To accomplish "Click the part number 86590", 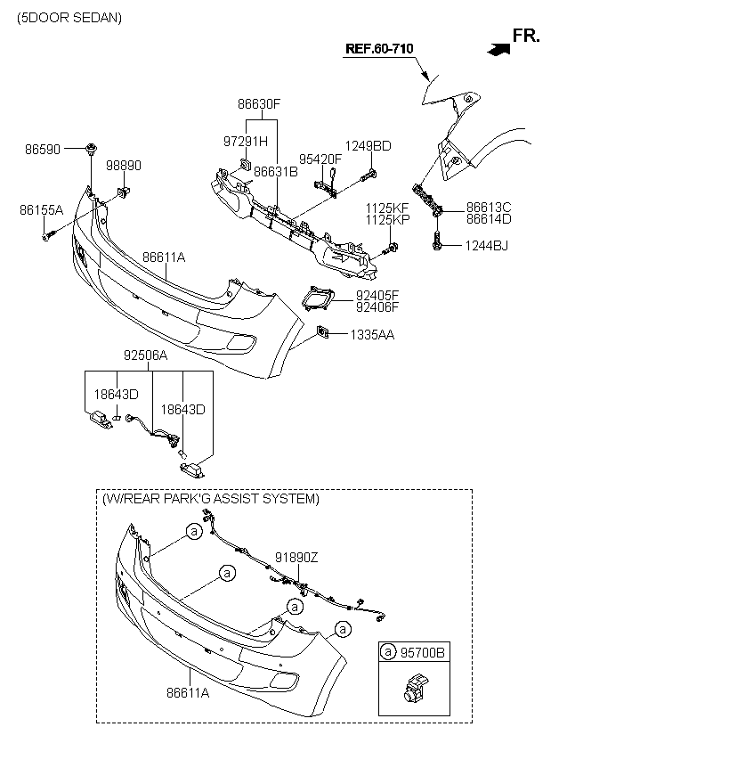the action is point(43,149).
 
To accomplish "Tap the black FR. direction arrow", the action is point(498,49).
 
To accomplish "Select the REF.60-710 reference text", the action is point(379,48).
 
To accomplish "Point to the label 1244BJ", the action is point(486,246).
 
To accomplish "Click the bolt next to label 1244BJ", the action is point(437,241).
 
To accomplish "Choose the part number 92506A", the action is point(145,355).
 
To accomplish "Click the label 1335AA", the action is point(372,334).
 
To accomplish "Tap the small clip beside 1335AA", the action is point(323,332).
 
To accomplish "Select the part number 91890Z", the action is point(296,557).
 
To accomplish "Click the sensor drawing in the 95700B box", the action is point(416,688).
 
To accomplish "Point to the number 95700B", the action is point(422,652).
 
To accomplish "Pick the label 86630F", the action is point(259,104).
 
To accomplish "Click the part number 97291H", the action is point(246,142).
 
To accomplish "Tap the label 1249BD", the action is point(369,146).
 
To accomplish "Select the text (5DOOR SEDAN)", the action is point(69,18).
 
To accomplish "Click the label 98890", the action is point(124,166).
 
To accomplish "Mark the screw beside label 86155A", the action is point(48,234).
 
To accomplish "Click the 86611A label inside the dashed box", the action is point(188,692).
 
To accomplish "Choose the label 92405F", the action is point(377,295).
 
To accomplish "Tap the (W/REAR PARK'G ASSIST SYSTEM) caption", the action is point(211,499).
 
